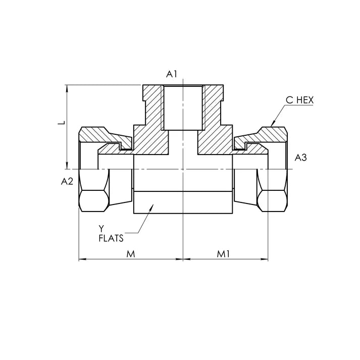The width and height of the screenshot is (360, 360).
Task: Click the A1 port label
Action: (172, 74)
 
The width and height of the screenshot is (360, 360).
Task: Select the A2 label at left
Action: (67, 182)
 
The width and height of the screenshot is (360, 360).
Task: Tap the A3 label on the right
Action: (301, 158)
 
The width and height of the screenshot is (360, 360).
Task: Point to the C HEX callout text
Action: (299, 100)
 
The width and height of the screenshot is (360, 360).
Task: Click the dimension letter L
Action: (62, 123)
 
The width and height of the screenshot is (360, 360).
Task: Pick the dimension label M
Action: (131, 254)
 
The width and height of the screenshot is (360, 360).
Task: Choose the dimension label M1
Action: (223, 254)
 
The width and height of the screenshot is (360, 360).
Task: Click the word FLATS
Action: (111, 238)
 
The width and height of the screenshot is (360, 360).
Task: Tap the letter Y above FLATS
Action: (101, 229)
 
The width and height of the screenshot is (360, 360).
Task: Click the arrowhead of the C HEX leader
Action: (273, 123)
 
